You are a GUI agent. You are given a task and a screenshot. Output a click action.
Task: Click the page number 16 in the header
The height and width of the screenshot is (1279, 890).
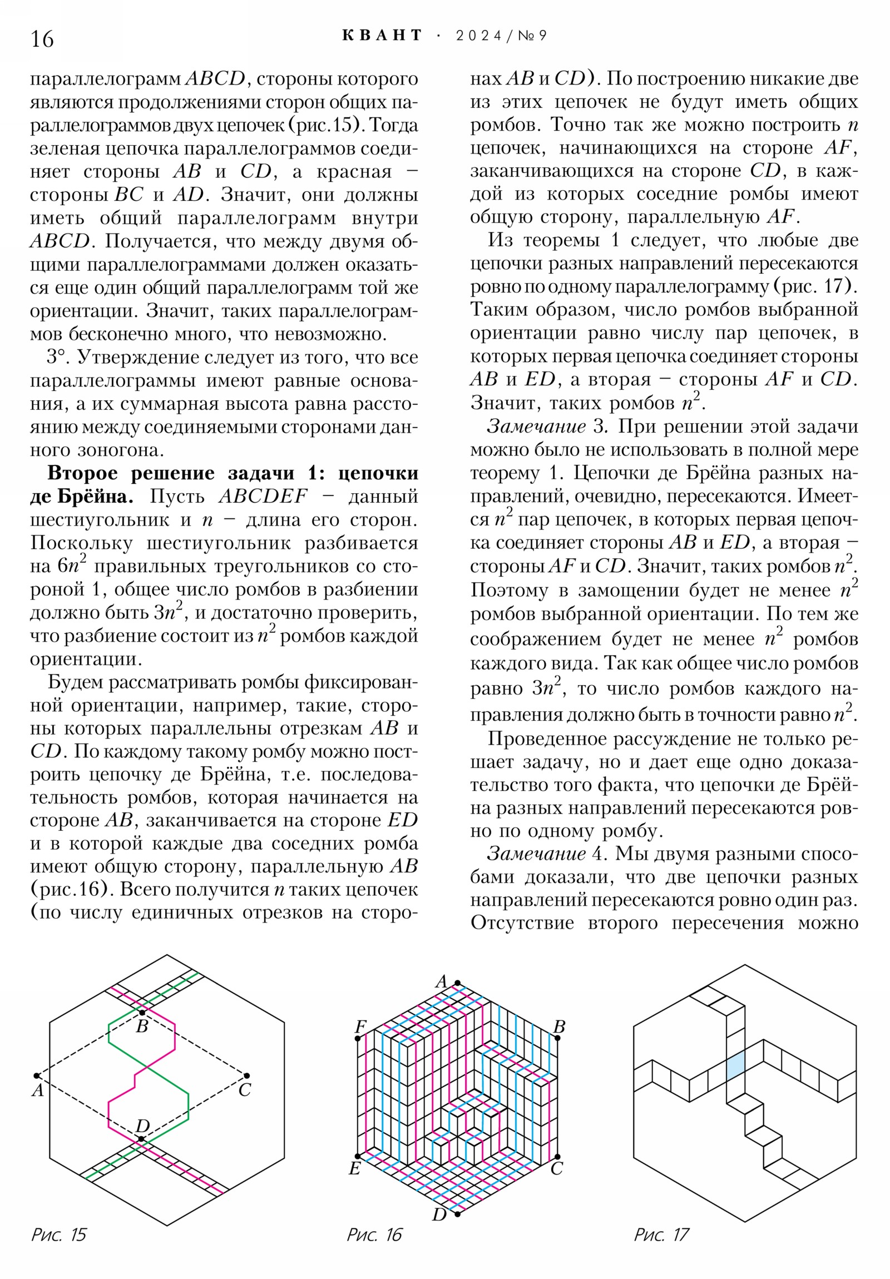coord(42,39)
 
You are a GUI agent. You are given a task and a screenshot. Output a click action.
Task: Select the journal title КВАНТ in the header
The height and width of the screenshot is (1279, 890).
coord(382,36)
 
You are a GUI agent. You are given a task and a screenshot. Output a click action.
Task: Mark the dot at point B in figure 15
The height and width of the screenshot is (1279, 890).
coord(142,1012)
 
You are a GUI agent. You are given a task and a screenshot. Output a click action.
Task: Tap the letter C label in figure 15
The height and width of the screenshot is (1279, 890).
coord(245,1090)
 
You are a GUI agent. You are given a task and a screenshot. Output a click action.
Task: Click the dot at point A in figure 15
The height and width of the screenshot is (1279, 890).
coord(37,1075)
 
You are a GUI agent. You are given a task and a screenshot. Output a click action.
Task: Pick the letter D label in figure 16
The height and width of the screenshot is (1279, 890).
coord(439,1215)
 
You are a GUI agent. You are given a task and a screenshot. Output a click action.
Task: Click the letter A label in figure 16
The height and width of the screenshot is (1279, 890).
coord(441,981)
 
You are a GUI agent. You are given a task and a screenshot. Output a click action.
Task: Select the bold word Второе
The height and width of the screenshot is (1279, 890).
coord(82,473)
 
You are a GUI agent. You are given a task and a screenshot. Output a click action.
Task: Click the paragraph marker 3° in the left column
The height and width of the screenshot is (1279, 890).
coord(57,357)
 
